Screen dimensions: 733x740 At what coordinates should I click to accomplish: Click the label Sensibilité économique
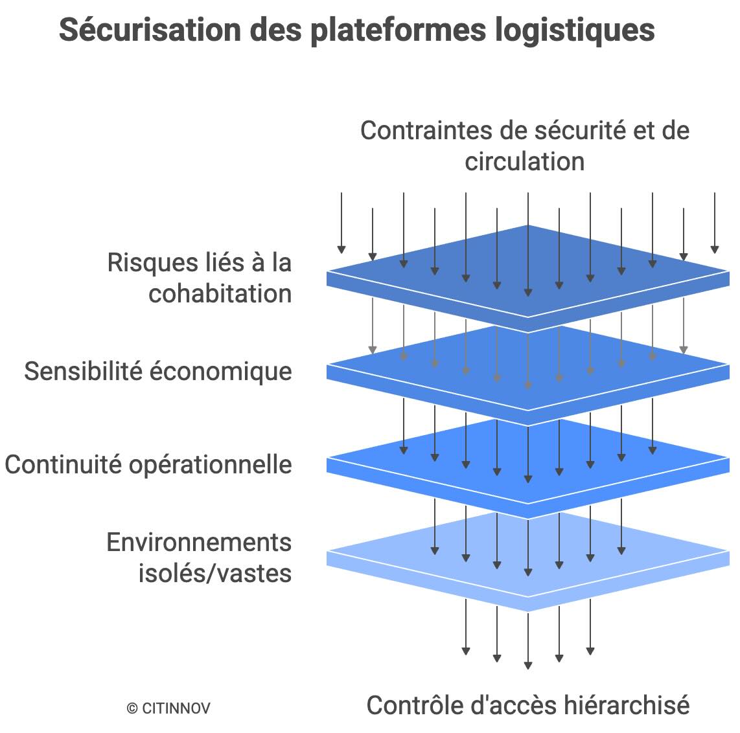[x=158, y=372]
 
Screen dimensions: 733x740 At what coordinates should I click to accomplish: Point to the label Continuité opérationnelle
[x=148, y=465]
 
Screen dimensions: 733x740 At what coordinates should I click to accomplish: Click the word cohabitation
[x=220, y=293]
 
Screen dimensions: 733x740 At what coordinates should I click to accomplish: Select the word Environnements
[x=199, y=543]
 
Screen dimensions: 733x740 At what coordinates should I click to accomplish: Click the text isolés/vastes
[x=214, y=573]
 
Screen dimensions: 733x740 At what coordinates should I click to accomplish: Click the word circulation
[x=524, y=161]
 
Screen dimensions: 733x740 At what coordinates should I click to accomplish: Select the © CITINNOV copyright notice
[x=168, y=708]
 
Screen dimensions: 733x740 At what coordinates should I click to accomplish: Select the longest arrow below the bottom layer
[x=528, y=641]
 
